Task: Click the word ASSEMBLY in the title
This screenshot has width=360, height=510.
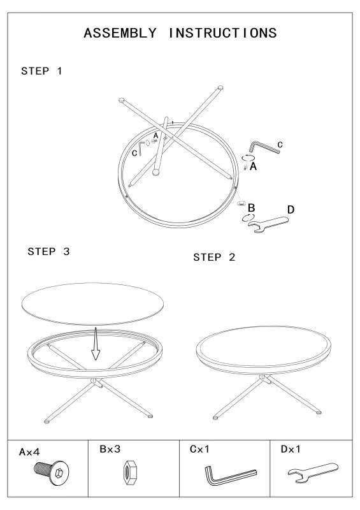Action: pyautogui.click(x=120, y=34)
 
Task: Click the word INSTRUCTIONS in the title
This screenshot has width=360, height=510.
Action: pyautogui.click(x=222, y=34)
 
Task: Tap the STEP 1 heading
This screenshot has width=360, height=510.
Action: pyautogui.click(x=42, y=71)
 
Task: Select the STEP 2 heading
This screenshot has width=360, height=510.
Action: pyautogui.click(x=214, y=258)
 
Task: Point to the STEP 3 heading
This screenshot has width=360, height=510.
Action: pyautogui.click(x=48, y=252)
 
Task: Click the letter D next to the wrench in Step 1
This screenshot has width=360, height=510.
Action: pyautogui.click(x=291, y=209)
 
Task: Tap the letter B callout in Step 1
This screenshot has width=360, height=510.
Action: pyautogui.click(x=252, y=208)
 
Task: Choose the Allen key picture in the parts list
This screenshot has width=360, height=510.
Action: pyautogui.click(x=229, y=475)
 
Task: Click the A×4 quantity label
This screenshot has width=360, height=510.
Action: pyautogui.click(x=29, y=452)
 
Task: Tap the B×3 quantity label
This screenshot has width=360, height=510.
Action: pyautogui.click(x=110, y=449)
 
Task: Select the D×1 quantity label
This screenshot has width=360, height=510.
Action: pyautogui.click(x=291, y=449)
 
